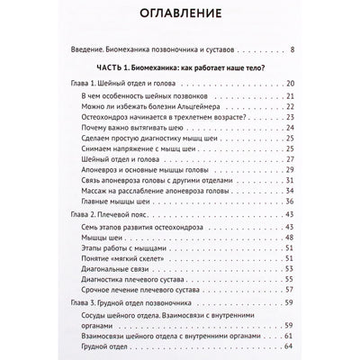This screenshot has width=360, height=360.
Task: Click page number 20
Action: pos(287,85)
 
